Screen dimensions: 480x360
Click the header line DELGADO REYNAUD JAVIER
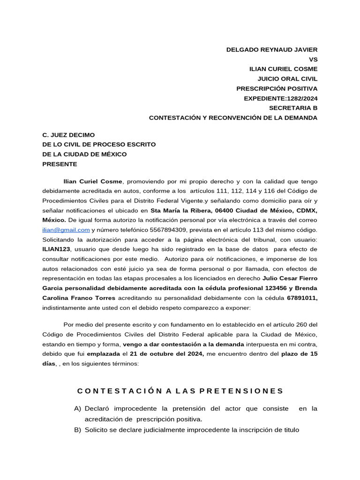(x=272, y=50)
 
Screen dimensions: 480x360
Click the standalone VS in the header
(x=313, y=60)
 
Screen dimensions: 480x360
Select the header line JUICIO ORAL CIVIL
(x=287, y=79)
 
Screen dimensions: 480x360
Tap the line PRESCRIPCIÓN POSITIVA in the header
(x=277, y=89)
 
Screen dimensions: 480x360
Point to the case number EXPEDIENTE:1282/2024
(x=280, y=98)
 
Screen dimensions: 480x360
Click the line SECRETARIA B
(x=293, y=108)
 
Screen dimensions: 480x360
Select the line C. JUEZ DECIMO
(x=68, y=135)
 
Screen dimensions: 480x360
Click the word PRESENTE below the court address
(x=60, y=165)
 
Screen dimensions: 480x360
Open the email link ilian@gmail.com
(x=66, y=230)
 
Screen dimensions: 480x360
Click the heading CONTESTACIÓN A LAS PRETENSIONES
(x=180, y=391)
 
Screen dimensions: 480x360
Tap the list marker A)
(x=78, y=409)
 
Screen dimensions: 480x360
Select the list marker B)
(x=78, y=430)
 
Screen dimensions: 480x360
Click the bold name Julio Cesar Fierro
(x=290, y=278)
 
